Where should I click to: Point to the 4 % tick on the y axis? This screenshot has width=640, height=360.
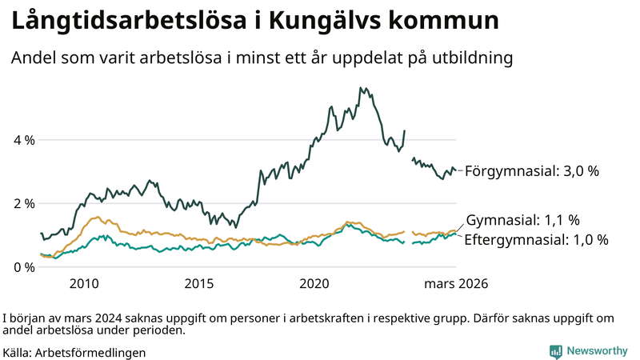coord(24,140)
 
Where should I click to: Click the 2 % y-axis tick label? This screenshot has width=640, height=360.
coord(24,203)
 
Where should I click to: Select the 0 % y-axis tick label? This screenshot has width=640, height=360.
coord(24,266)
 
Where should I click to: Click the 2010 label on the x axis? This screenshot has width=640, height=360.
coord(84,284)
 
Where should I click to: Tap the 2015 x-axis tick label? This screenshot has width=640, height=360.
coord(199,284)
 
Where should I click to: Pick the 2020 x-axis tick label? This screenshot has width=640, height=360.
coord(314,284)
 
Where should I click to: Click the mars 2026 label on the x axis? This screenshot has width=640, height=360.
coord(456,284)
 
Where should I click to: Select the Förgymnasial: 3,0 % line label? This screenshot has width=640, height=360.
coord(531,171)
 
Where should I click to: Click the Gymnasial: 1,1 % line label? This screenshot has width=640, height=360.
coord(522,221)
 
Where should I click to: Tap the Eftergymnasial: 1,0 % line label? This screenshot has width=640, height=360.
coord(536,239)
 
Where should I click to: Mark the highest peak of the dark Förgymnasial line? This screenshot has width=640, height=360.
coord(362,88)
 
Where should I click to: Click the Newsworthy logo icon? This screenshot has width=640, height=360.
coord(555,351)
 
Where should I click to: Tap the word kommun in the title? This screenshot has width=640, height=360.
coord(441,22)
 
